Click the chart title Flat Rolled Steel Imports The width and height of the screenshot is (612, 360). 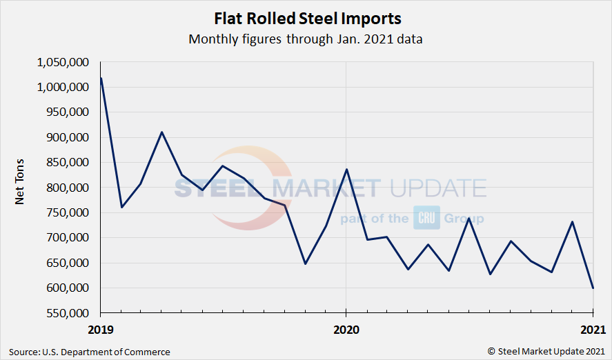(306, 18)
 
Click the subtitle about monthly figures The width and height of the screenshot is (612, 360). (306, 39)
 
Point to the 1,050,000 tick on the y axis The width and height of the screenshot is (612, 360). (63, 62)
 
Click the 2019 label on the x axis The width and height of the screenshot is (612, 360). (101, 329)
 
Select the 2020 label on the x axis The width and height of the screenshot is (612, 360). (346, 329)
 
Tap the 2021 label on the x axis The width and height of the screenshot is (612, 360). (591, 329)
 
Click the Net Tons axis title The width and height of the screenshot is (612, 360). (21, 188)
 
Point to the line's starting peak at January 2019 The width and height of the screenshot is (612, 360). (101, 78)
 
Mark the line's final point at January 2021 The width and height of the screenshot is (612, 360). (593, 288)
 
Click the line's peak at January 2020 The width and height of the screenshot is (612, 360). (346, 169)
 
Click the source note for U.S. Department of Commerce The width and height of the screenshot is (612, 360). (90, 352)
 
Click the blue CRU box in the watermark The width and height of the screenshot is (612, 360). (426, 218)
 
